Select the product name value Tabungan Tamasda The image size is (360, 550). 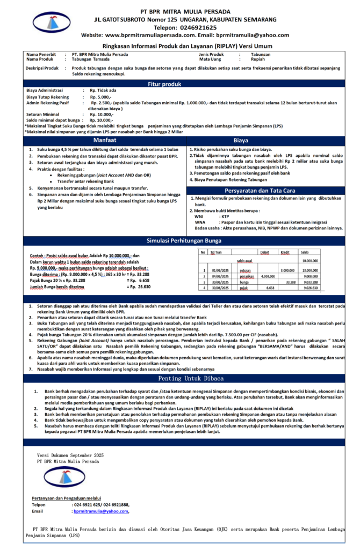pyautogui.click(x=90, y=59)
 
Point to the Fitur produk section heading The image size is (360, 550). pyautogui.click(x=179, y=84)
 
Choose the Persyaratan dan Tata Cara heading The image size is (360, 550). pyautogui.click(x=267, y=190)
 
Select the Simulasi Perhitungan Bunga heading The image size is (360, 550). pyautogui.click(x=179, y=241)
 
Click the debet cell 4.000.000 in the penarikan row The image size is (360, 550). pyautogui.click(x=267, y=276)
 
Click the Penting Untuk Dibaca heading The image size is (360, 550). pyautogui.click(x=179, y=378)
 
